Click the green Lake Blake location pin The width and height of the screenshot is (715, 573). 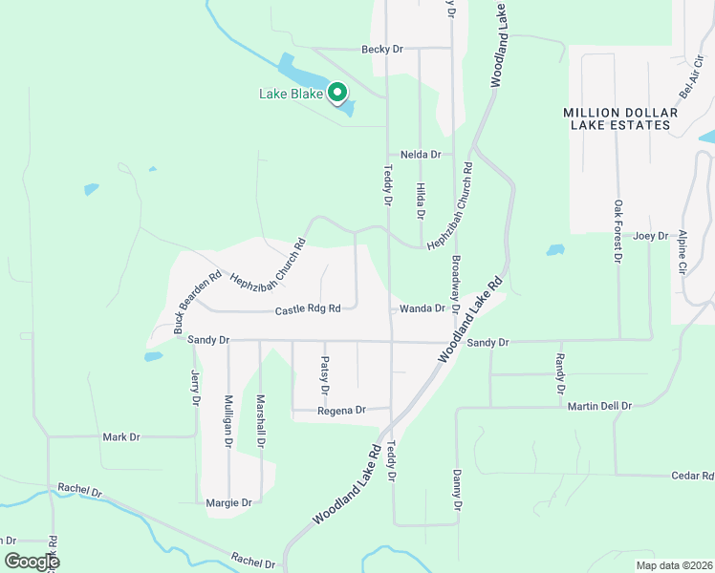336,93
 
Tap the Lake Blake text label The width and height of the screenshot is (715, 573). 292,94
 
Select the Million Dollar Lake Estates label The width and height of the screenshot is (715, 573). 620,118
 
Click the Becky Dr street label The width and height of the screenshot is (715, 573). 382,49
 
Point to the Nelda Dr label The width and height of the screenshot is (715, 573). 421,154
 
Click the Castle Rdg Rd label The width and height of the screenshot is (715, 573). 308,309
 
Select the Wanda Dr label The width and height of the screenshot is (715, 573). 422,308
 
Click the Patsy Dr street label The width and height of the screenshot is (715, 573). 325,376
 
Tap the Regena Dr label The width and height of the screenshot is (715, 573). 341,410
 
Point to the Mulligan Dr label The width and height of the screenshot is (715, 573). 228,421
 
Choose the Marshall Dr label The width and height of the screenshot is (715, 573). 260,421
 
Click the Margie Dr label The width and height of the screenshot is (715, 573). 228,502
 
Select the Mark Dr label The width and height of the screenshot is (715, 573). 121,436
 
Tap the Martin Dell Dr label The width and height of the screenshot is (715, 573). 599,406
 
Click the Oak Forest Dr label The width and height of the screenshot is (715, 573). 618,231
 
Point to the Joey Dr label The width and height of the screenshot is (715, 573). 649,235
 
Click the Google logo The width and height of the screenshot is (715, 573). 31,562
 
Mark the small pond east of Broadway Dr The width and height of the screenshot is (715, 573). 555,250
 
